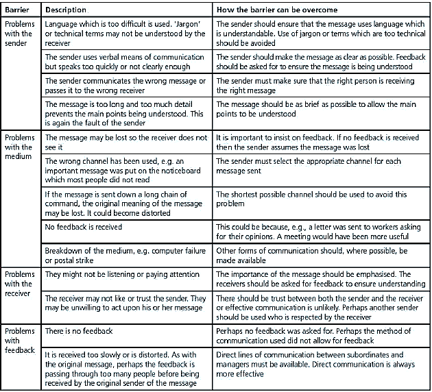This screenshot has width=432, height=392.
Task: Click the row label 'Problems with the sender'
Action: [x=19, y=33]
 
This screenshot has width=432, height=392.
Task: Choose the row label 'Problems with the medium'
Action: [x=19, y=147]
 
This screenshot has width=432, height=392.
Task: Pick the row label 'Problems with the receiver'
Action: [x=19, y=284]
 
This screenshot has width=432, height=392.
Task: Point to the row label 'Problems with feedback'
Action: [x=19, y=340]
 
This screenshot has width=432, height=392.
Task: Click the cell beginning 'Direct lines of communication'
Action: [x=320, y=365]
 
